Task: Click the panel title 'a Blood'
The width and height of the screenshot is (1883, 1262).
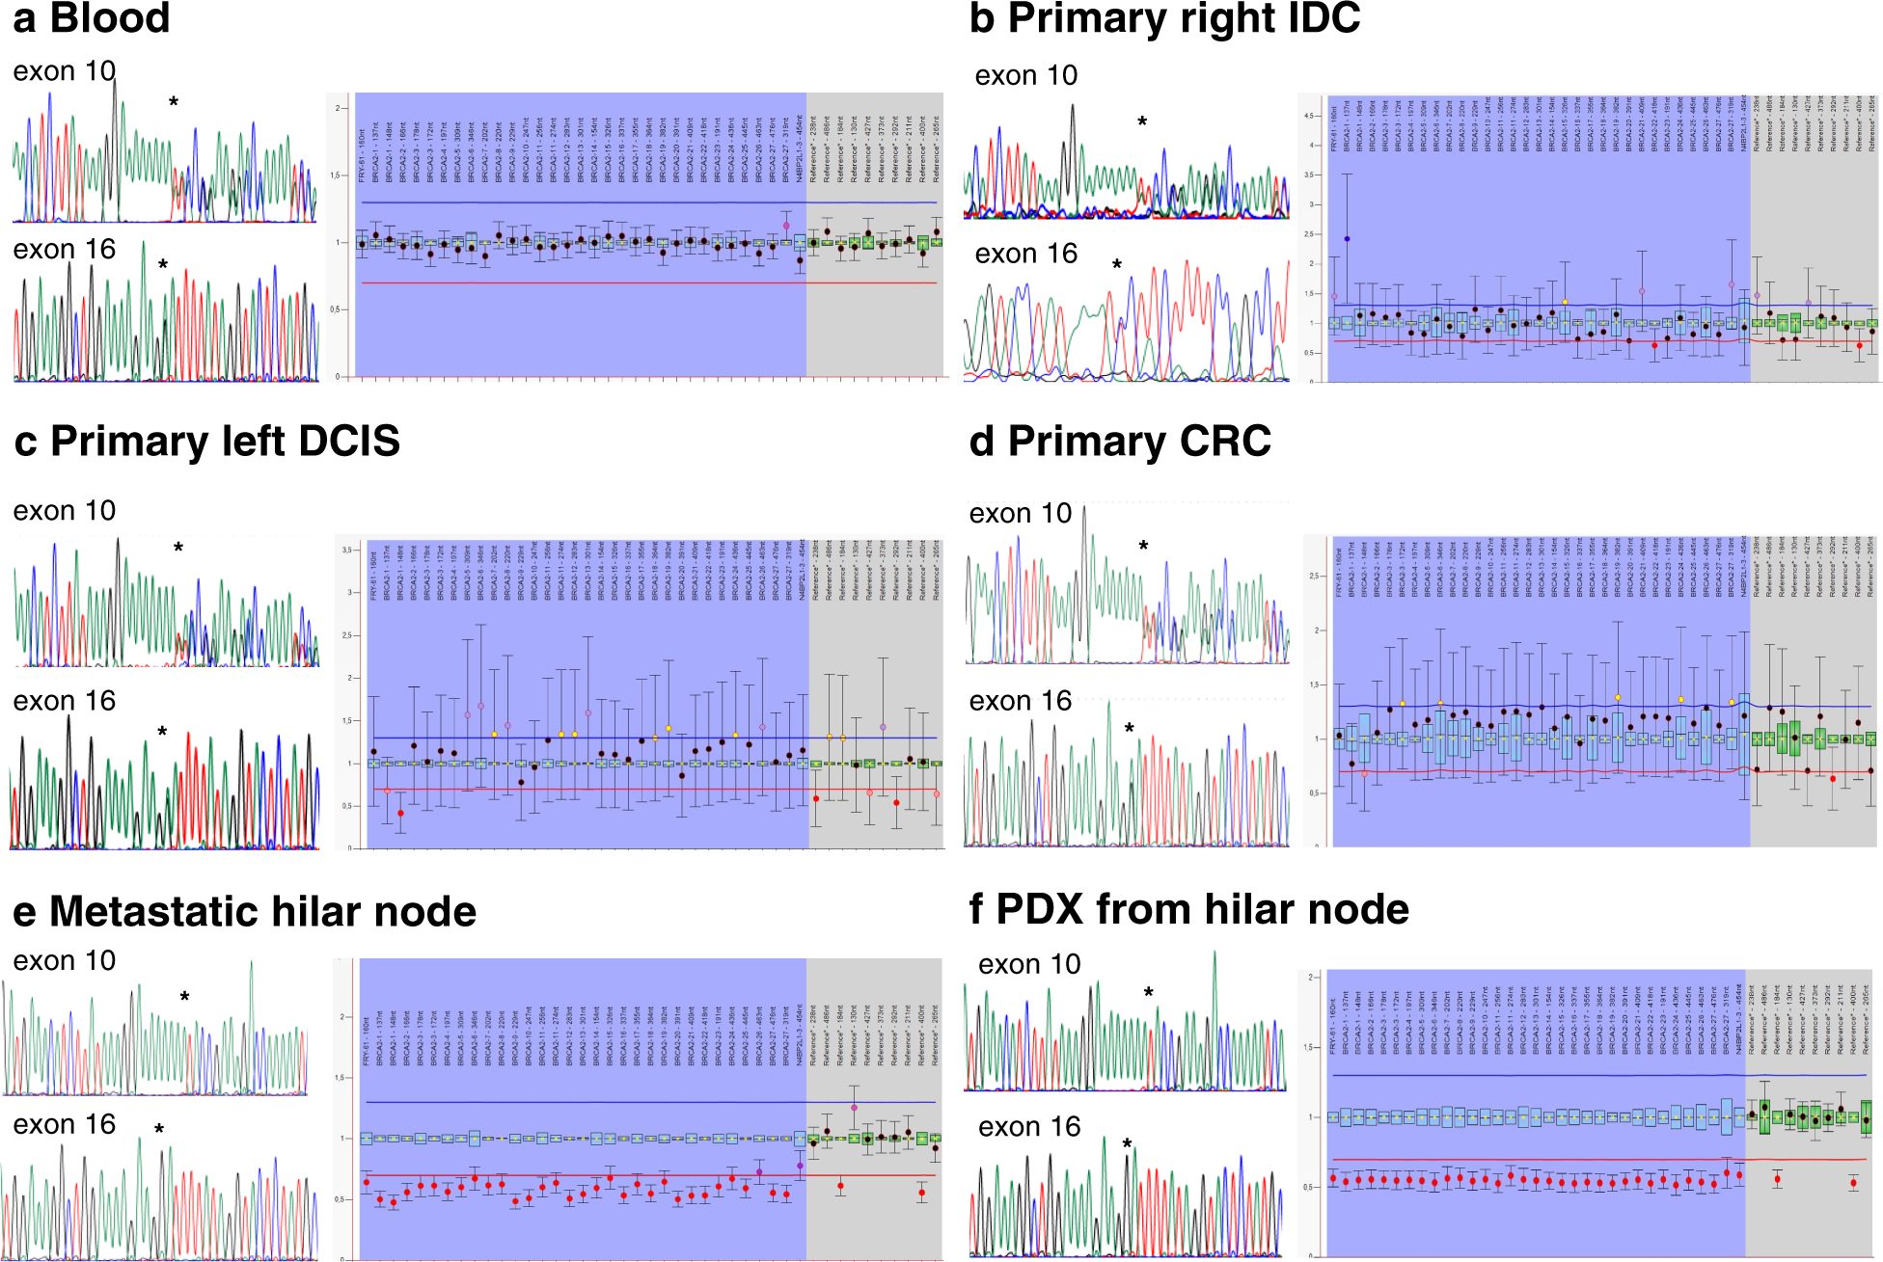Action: coord(92,19)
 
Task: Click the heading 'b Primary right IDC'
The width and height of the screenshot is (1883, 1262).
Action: coord(1164,19)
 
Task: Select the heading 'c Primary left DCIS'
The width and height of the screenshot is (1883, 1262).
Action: coord(206,442)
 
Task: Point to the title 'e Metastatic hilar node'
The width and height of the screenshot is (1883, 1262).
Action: coord(244,912)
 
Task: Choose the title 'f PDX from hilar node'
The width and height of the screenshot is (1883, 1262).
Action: coord(1188,909)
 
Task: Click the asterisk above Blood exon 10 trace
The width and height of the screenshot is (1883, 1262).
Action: coord(174,102)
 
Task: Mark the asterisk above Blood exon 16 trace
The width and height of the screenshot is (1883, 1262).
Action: coord(163,265)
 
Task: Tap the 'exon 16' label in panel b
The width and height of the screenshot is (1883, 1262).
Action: coord(1025,254)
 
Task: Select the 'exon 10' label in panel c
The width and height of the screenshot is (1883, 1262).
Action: coord(64,511)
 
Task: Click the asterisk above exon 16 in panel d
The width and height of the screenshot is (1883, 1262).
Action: coord(1130,729)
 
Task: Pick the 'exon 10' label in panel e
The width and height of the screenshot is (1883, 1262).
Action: coord(64,961)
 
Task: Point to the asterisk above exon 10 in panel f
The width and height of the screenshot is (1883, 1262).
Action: coord(1149,993)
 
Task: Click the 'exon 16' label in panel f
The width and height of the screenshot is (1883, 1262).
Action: coord(1028,1127)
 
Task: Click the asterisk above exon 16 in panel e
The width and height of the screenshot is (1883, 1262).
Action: coord(159,1129)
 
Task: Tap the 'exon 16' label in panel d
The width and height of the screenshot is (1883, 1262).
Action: coord(1020,701)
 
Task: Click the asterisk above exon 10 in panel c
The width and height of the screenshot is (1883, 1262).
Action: coord(178,548)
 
